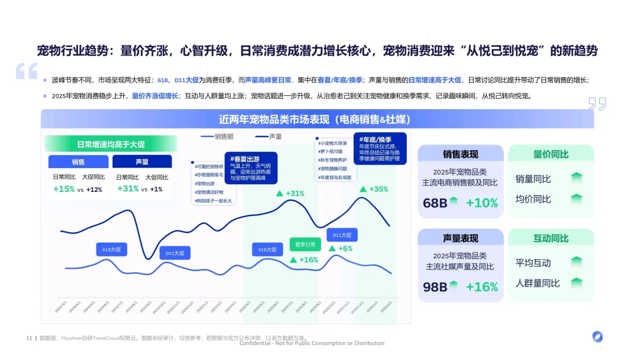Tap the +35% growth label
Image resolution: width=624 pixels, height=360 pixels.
[374, 189]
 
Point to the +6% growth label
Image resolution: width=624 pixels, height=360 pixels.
[340, 248]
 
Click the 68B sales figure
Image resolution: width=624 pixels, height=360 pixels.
[435, 203]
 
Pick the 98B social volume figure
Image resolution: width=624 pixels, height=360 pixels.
[435, 287]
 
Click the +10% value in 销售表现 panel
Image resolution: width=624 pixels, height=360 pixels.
[482, 203]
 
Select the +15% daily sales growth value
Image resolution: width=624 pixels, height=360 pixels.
[64, 189]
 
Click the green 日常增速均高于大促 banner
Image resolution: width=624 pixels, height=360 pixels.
[110, 144]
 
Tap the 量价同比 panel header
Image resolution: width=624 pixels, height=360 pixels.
[551, 154]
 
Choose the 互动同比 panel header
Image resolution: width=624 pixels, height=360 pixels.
[551, 238]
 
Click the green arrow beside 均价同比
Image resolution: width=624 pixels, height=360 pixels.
[576, 199]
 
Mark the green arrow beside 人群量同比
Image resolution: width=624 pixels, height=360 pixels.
[576, 283]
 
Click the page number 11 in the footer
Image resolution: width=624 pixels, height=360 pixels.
[29, 338]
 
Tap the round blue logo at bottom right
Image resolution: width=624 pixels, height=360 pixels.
[597, 337]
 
